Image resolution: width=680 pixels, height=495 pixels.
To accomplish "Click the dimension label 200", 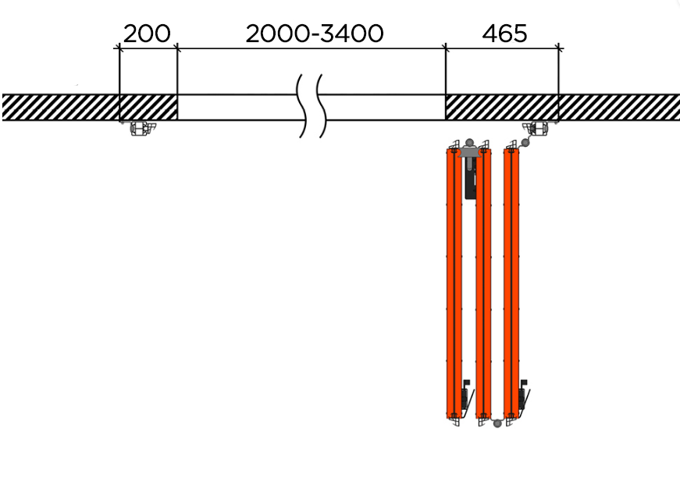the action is [147, 34].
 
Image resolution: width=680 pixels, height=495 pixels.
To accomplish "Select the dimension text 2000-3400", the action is [315, 34].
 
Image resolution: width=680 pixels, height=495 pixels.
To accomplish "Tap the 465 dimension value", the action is [504, 34].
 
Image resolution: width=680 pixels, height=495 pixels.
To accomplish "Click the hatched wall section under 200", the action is [148, 107].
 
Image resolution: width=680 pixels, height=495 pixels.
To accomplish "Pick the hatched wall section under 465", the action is [502, 107].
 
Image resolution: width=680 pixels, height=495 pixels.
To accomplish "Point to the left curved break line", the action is [301, 106].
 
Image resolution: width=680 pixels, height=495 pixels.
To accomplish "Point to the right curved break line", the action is [322, 106].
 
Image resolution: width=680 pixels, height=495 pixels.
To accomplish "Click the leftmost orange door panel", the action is [454, 283].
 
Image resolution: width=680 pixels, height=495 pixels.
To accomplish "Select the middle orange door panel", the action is [483, 283].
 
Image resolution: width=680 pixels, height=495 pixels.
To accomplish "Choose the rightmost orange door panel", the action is [511, 283].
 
